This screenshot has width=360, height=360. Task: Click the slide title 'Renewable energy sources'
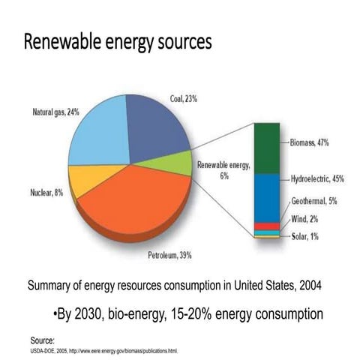point(118,42)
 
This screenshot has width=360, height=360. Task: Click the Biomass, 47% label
point(310,142)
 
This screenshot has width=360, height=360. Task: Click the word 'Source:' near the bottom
point(43,340)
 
